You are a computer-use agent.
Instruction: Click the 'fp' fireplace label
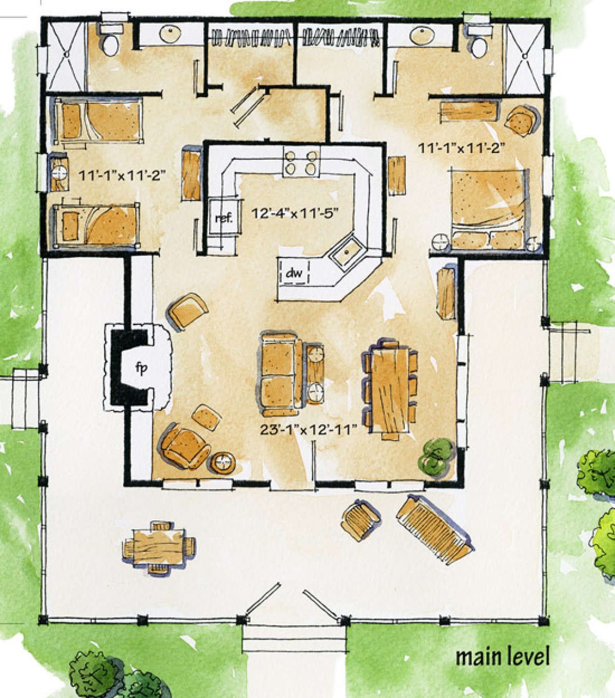coord(141,368)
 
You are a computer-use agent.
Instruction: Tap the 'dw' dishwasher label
coord(294,273)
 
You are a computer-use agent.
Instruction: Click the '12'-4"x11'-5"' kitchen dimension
coord(296,213)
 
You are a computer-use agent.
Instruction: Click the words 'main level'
coord(502,657)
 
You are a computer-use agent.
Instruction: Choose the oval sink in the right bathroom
coord(422,35)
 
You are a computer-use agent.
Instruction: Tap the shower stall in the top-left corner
coord(66,56)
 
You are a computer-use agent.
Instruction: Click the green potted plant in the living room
coord(437,457)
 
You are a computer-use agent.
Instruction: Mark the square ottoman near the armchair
coord(206,418)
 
